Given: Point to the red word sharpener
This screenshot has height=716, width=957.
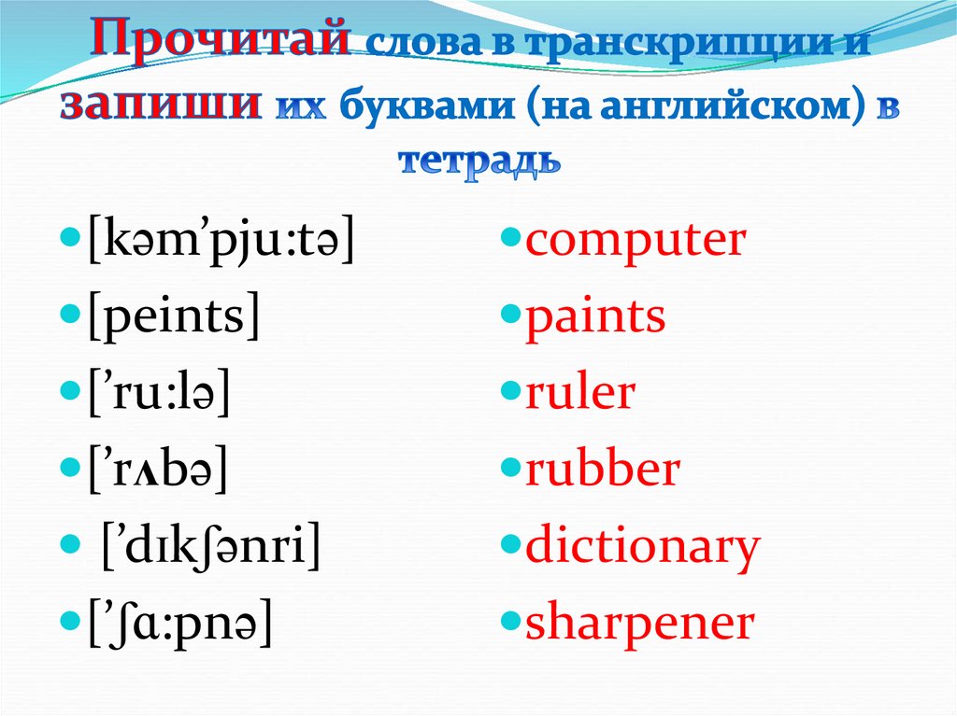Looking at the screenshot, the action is (640, 624).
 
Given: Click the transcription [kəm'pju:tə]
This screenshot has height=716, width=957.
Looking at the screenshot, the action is (221, 239).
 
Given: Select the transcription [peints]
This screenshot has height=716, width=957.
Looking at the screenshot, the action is (174, 316).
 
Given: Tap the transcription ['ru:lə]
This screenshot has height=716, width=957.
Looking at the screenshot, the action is (159, 392).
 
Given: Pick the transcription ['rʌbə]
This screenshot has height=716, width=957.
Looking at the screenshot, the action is (158, 469).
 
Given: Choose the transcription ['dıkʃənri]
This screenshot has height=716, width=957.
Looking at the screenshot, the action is (210, 544).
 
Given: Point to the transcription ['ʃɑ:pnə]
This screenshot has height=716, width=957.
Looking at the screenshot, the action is (180, 621).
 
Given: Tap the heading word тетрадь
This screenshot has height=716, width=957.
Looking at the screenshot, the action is (479, 161).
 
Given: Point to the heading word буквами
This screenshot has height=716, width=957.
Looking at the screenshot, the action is (427, 105).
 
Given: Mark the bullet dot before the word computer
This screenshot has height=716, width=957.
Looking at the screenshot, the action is (510, 236).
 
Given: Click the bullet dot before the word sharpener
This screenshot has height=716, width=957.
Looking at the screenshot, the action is (510, 621).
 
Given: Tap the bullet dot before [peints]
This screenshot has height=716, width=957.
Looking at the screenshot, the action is (71, 314).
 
